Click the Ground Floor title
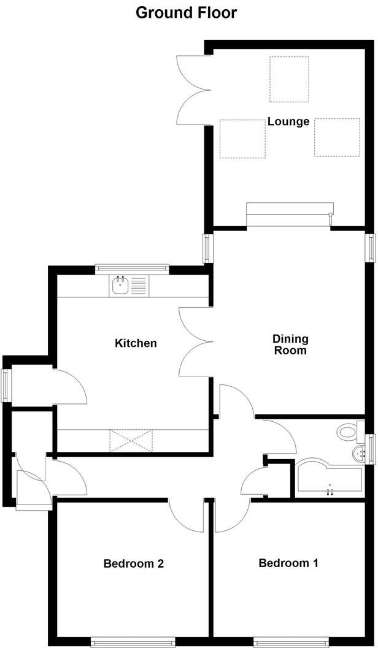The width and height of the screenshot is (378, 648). (x=186, y=12)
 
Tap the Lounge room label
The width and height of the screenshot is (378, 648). (x=288, y=121)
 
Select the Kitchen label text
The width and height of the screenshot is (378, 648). (x=136, y=343)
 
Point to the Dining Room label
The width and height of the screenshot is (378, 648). (x=290, y=345)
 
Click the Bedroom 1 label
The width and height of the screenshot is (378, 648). (x=288, y=563)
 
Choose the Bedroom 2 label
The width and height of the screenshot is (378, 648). (x=133, y=563)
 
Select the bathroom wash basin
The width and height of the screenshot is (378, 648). (x=359, y=453)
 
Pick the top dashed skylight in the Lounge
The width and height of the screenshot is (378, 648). (x=289, y=79)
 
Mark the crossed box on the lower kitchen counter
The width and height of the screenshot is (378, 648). (x=130, y=440)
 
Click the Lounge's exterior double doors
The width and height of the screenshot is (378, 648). (x=191, y=89)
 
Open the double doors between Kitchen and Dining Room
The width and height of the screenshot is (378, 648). (x=194, y=341)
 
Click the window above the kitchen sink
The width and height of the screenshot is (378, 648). (x=131, y=267)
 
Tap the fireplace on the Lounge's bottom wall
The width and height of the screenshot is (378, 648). (x=290, y=215)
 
